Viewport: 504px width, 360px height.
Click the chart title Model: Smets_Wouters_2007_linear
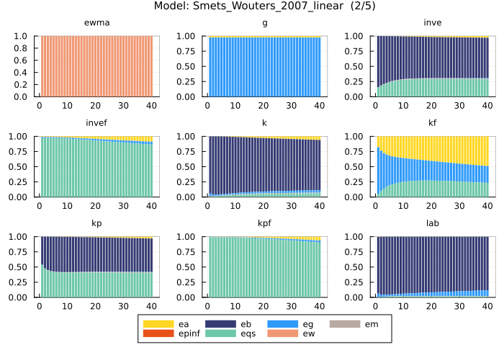(x=251, y=6)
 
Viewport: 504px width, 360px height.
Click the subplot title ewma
(x=96, y=23)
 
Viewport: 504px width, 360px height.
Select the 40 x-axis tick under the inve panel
(x=486, y=105)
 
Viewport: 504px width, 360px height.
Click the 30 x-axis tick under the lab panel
(x=458, y=305)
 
